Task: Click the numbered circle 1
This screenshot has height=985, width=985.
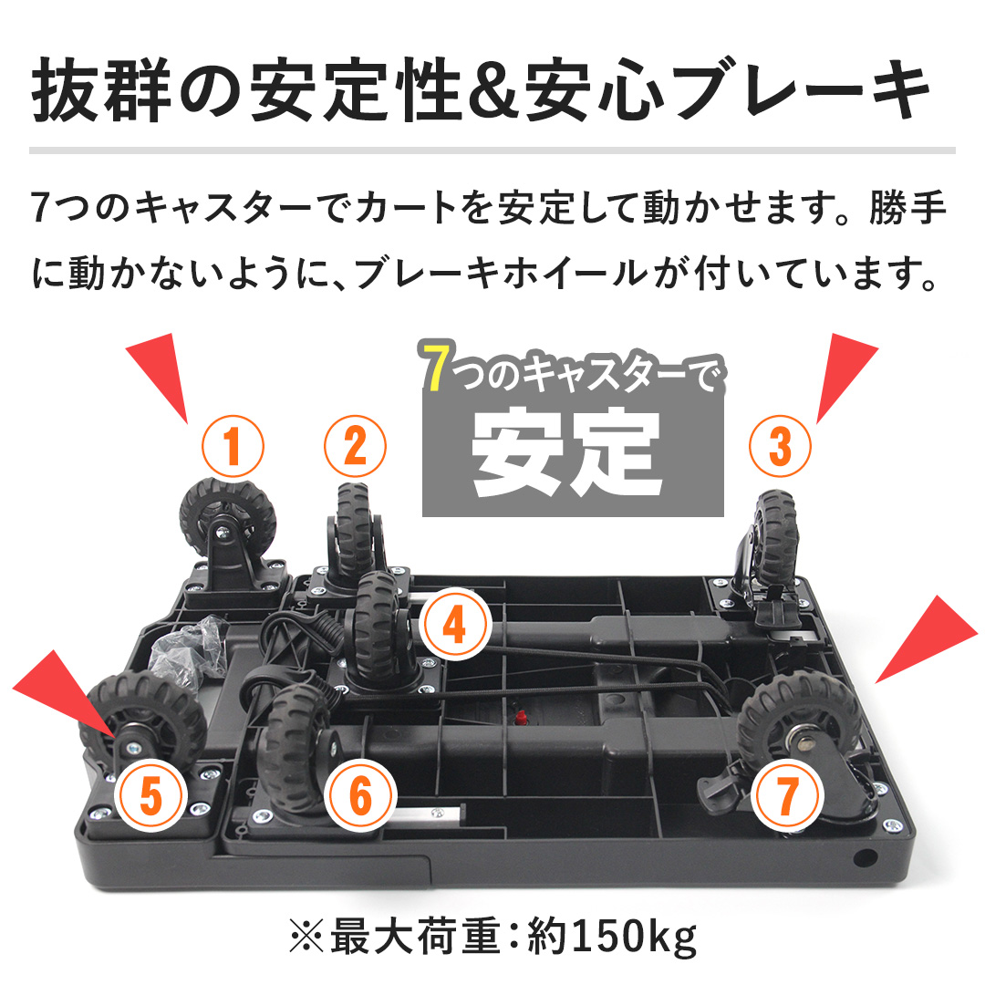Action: click(233, 447)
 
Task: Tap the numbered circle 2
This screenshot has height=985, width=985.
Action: click(355, 445)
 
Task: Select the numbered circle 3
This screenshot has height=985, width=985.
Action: click(779, 445)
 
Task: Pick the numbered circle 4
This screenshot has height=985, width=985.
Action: click(454, 627)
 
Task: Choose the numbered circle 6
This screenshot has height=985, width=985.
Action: click(361, 797)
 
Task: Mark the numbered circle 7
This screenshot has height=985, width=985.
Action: click(785, 796)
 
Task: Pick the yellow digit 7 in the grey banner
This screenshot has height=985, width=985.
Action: click(437, 371)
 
